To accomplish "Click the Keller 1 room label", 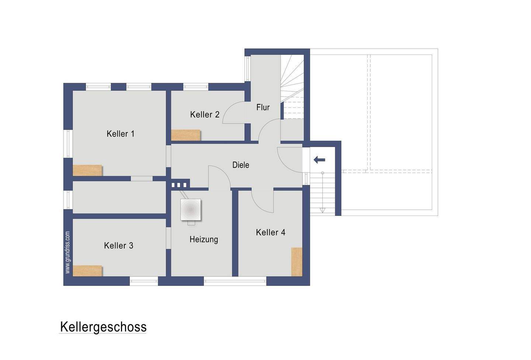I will (x=121, y=134).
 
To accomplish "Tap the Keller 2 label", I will (x=205, y=115).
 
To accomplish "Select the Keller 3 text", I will (x=118, y=245).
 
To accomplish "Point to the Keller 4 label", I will (x=271, y=233).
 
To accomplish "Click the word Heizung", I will (x=204, y=240).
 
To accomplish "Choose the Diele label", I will (x=240, y=165).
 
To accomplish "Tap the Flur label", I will (x=263, y=108).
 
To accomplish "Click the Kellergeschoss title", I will (x=103, y=327).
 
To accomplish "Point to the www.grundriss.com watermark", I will (x=67, y=252).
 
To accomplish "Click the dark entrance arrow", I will (x=319, y=160).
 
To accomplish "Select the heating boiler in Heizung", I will (x=191, y=210).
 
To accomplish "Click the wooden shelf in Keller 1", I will (x=87, y=170).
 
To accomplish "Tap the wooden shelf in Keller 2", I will (x=186, y=135).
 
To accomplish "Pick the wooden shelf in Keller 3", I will (x=87, y=270).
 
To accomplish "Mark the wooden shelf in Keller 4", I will (x=296, y=262).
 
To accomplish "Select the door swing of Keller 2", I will (x=234, y=112).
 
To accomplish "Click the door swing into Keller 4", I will (x=263, y=201).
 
